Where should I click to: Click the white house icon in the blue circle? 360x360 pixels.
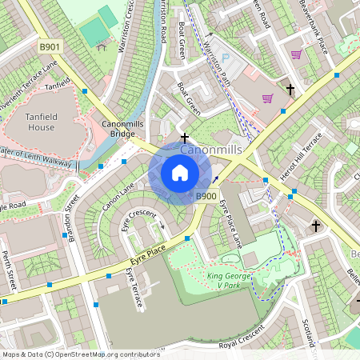pos(180,173)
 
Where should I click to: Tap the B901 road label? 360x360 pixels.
pos(50,47)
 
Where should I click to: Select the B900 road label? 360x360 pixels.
pos(206,196)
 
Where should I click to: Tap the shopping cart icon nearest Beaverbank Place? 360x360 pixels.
pos(296,54)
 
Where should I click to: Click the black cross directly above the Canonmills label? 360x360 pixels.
pos(185,138)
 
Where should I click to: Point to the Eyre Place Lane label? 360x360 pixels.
pos(230,221)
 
